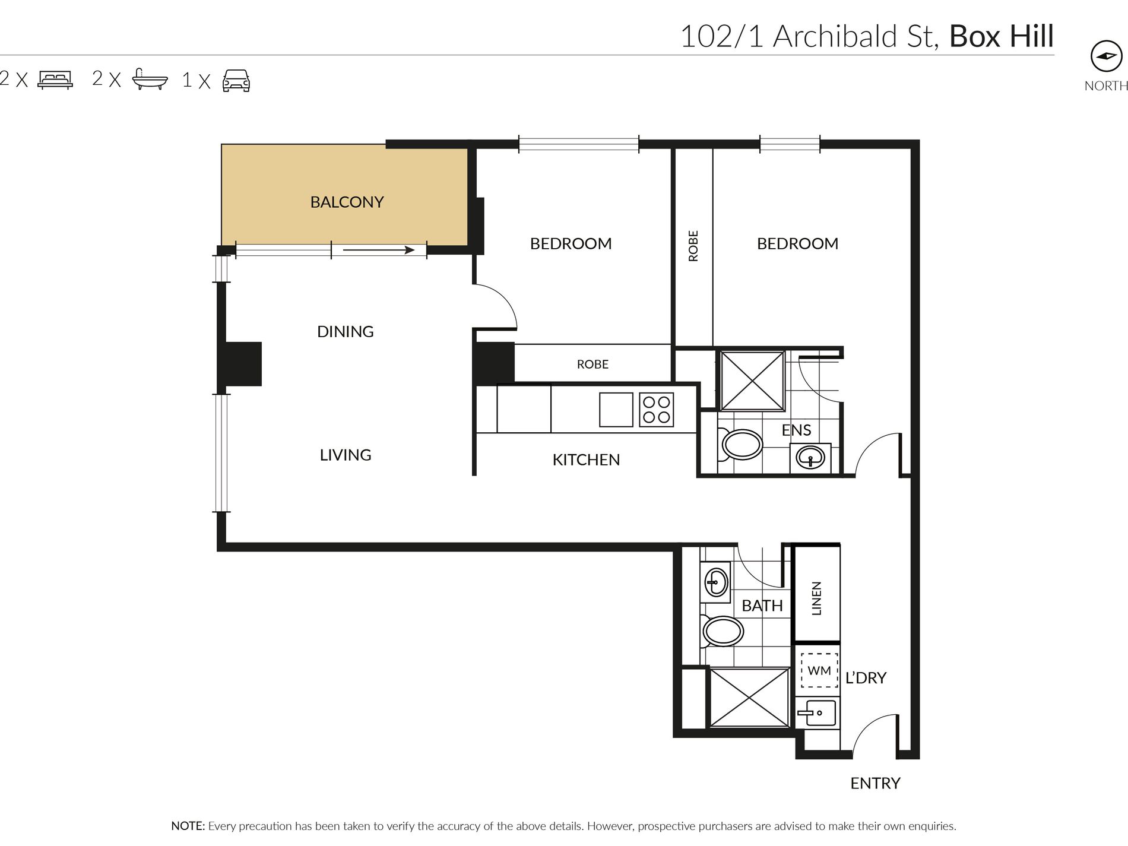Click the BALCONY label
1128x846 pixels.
[x=347, y=202]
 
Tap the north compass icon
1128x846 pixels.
[x=1107, y=56]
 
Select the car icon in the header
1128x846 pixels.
[x=236, y=80]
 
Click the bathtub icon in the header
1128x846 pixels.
[x=150, y=79]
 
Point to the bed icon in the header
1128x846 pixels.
[x=55, y=80]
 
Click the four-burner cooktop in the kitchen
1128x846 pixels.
[x=657, y=410]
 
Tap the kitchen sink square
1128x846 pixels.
[x=616, y=410]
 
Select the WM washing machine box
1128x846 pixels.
[x=819, y=670]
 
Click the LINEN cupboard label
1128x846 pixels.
[x=816, y=598]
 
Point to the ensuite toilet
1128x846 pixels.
[x=740, y=444]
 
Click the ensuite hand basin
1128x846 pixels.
[x=810, y=458]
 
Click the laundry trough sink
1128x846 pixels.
[x=817, y=712]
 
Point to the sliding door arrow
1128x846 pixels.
[x=379, y=250]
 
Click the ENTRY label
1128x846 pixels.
[x=875, y=784]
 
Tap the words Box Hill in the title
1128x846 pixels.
[x=1002, y=36]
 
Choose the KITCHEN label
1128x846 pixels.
[x=586, y=460]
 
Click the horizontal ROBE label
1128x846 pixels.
[x=592, y=364]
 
